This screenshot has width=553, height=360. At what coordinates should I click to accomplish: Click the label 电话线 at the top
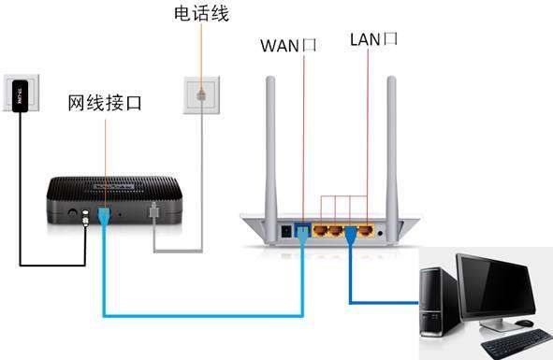click(x=201, y=14)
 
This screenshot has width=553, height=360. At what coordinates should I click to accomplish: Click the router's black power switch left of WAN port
click(x=286, y=230)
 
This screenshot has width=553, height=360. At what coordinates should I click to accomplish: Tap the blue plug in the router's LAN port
click(x=349, y=234)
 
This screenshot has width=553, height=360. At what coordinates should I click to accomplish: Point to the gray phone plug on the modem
click(x=154, y=214)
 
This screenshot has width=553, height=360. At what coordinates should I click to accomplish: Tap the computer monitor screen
click(x=502, y=284)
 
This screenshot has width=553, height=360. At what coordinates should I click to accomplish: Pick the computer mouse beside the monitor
click(x=525, y=323)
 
